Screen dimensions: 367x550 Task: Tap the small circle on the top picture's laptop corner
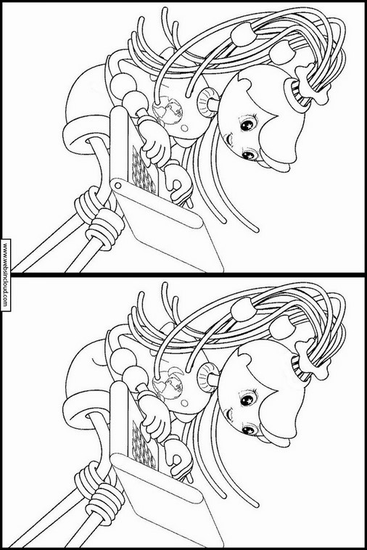click(x=117, y=185)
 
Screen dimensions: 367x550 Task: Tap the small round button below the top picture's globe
click(x=184, y=128)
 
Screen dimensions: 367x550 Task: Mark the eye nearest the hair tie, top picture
click(x=250, y=123)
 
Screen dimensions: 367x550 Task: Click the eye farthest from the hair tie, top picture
click(x=250, y=154)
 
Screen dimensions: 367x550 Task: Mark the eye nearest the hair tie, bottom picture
click(x=250, y=398)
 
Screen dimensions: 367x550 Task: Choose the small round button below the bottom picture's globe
click(x=184, y=403)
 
